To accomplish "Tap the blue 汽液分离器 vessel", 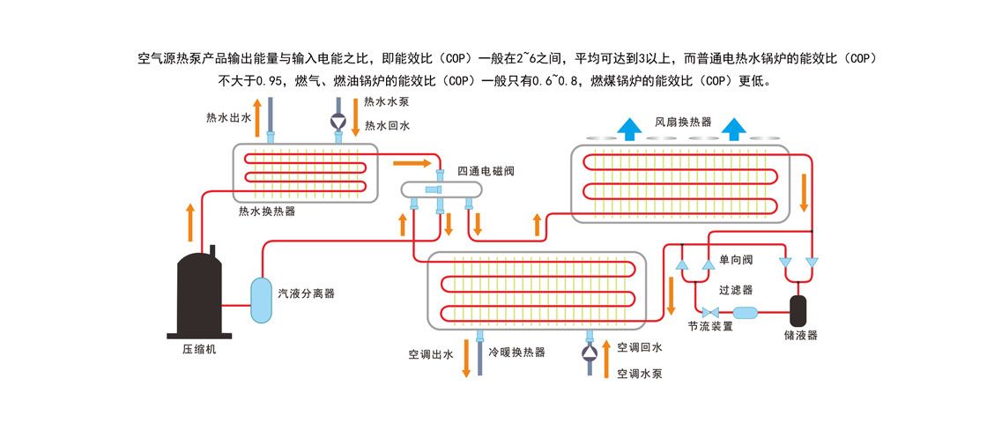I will click(262, 300).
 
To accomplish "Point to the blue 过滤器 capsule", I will click(746, 312).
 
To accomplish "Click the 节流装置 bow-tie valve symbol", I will click(709, 312).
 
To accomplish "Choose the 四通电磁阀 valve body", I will click(440, 189).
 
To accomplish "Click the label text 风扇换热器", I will click(683, 122).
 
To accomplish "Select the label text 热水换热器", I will click(267, 211).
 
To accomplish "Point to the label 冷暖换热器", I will click(516, 352).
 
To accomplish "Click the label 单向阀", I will click(735, 260).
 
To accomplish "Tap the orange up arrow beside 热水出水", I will click(257, 122).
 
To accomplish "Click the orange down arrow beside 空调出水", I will click(467, 364).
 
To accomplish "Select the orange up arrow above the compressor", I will click(191, 221).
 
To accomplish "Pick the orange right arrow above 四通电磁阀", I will click(413, 163).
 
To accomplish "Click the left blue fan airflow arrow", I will click(629, 129).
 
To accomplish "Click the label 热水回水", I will click(387, 126).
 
